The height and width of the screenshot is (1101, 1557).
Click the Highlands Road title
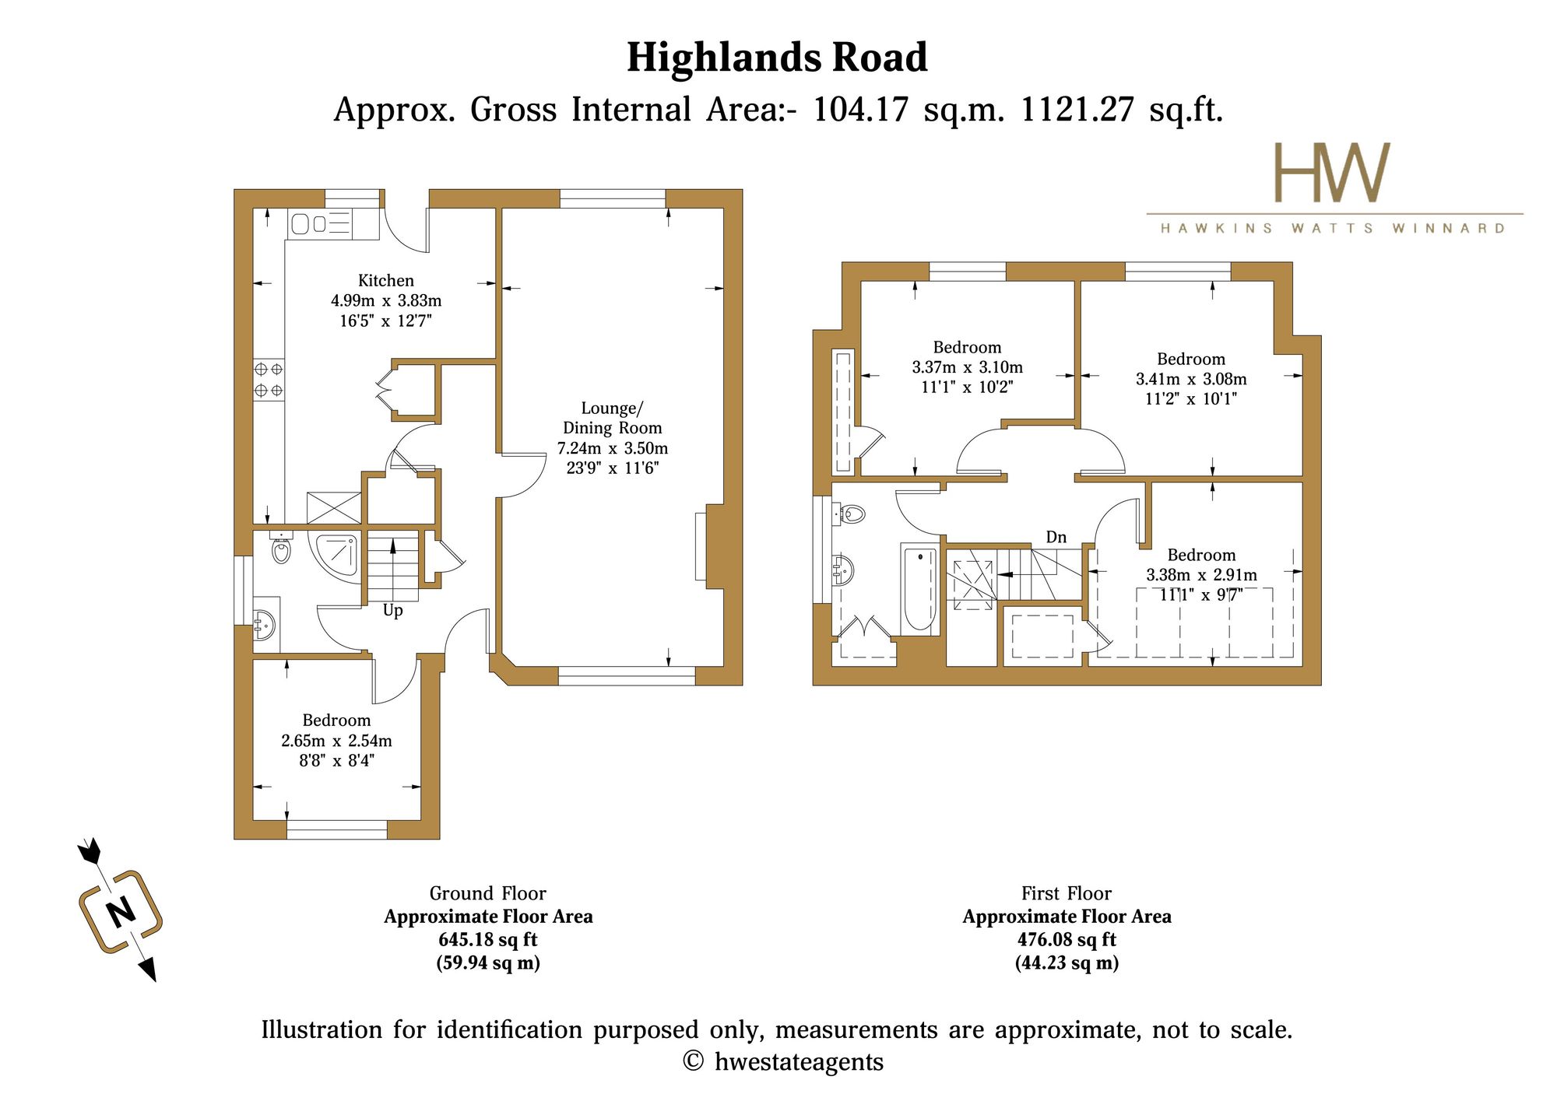click(777, 58)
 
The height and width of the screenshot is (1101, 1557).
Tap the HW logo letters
click(1331, 172)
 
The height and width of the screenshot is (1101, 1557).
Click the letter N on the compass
click(120, 911)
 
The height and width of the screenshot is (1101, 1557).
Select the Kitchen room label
click(386, 280)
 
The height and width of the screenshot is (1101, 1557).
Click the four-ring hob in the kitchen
click(269, 380)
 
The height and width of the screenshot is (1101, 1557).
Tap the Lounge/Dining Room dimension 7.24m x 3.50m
click(613, 448)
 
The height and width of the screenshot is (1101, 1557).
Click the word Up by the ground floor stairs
click(392, 611)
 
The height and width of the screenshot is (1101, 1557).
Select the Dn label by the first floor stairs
click(1056, 537)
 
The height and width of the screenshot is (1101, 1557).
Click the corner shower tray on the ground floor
click(336, 553)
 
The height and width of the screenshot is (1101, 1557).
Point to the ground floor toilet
click(281, 548)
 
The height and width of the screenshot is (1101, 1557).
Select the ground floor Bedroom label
click(336, 721)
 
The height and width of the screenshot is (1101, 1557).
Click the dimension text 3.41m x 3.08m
click(1191, 379)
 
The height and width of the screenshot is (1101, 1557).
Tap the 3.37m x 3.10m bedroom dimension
click(968, 367)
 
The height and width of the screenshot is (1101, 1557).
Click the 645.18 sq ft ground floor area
click(488, 940)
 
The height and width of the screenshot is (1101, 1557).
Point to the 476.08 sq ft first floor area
click(1067, 940)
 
